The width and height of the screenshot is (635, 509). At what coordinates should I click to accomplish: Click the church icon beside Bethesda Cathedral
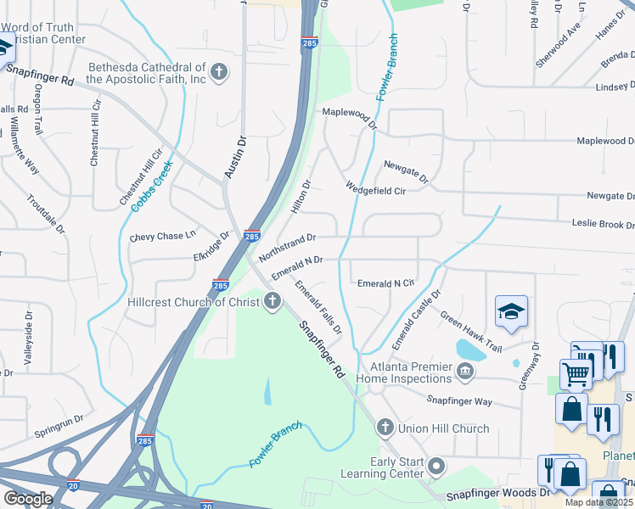(219, 72)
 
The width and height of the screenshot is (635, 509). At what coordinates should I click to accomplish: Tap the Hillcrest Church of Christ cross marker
(273, 301)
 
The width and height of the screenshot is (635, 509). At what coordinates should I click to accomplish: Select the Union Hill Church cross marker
(385, 428)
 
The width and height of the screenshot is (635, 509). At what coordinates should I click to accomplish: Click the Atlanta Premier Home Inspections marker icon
(464, 371)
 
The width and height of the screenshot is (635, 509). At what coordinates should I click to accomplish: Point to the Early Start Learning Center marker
(437, 466)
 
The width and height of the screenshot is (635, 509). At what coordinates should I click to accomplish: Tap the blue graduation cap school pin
(512, 312)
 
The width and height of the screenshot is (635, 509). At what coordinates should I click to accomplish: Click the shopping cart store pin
(576, 373)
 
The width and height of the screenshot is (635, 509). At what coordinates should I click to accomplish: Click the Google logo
(27, 499)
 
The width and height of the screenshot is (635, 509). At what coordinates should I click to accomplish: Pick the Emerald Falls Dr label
(317, 306)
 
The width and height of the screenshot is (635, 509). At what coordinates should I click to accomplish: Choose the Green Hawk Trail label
(470, 331)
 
